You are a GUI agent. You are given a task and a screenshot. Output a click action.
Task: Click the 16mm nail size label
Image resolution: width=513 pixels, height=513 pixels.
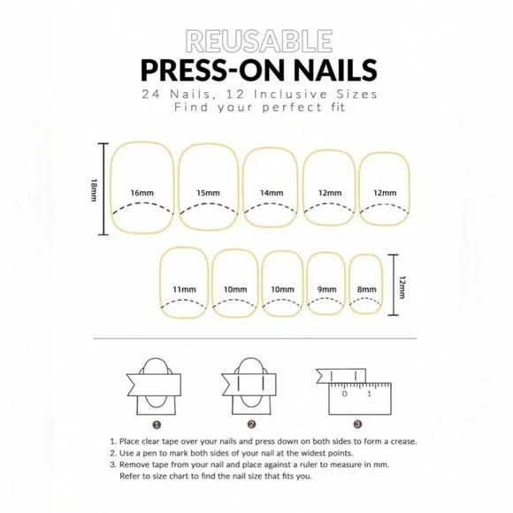141,193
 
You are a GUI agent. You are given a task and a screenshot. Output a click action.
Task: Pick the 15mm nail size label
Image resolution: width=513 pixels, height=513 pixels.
209,193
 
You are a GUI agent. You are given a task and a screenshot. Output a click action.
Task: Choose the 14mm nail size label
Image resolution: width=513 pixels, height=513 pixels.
272,193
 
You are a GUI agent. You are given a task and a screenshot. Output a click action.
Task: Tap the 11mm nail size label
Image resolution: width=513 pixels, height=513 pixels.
184,289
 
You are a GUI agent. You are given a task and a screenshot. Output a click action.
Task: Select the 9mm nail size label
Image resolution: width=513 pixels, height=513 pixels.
327,289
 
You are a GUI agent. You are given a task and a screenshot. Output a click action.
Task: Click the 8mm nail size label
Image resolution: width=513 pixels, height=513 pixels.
366,289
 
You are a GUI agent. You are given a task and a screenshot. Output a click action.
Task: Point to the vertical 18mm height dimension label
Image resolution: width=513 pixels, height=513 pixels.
94,189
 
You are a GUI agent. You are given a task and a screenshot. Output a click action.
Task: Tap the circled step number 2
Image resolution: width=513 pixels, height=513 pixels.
251,424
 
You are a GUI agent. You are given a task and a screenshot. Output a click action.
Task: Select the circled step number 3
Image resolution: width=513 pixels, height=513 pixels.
356,424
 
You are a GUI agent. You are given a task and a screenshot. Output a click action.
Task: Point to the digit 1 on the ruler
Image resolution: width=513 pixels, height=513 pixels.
369,395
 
